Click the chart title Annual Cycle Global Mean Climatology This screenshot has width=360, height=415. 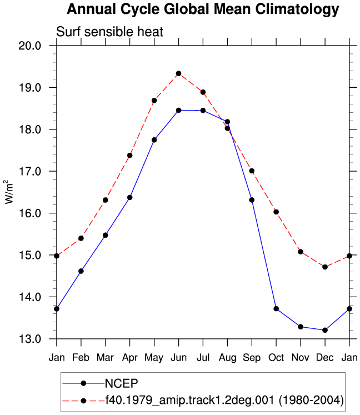tap(203, 9)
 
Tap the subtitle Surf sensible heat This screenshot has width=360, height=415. tap(109, 32)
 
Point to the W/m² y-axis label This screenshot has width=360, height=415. tap(9, 192)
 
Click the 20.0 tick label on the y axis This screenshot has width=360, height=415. tap(30, 46)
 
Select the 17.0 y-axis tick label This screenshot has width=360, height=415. tap(30, 171)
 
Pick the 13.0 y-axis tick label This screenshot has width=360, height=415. tap(30, 339)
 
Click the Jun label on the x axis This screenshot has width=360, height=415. tap(179, 358)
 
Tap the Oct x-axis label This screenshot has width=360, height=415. tap(276, 358)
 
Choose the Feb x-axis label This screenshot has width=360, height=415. tap(81, 358)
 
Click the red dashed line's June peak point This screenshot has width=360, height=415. tap(179, 73)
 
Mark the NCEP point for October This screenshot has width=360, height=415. tap(276, 308)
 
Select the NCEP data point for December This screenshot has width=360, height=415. tap(325, 330)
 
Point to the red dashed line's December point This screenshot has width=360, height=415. tap(325, 267)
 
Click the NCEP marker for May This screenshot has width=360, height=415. tap(154, 140)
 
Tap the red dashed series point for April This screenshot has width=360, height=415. tap(129, 156)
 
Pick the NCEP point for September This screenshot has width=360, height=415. tap(252, 200)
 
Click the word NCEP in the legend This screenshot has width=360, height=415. tap(122, 383)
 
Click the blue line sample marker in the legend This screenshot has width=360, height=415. tap(83, 383)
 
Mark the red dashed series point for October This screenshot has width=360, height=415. tap(276, 212)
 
